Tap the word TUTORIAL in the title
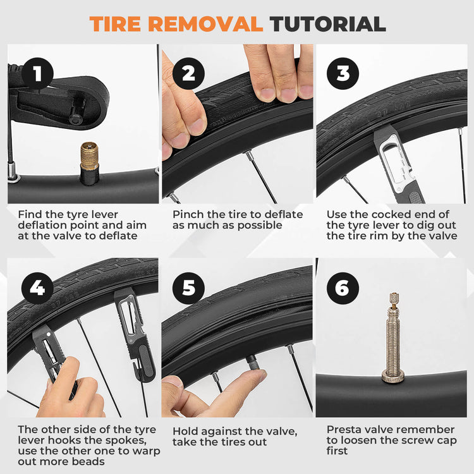click(x=327, y=23)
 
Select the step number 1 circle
click(x=37, y=74)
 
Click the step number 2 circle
click(x=188, y=74)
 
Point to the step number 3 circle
click(x=343, y=74)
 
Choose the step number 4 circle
click(x=37, y=288)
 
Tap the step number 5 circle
click(x=188, y=288)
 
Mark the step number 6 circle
click(x=343, y=288)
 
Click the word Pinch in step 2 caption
click(x=188, y=215)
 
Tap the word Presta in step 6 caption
click(x=346, y=430)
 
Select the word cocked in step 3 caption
click(x=387, y=215)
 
